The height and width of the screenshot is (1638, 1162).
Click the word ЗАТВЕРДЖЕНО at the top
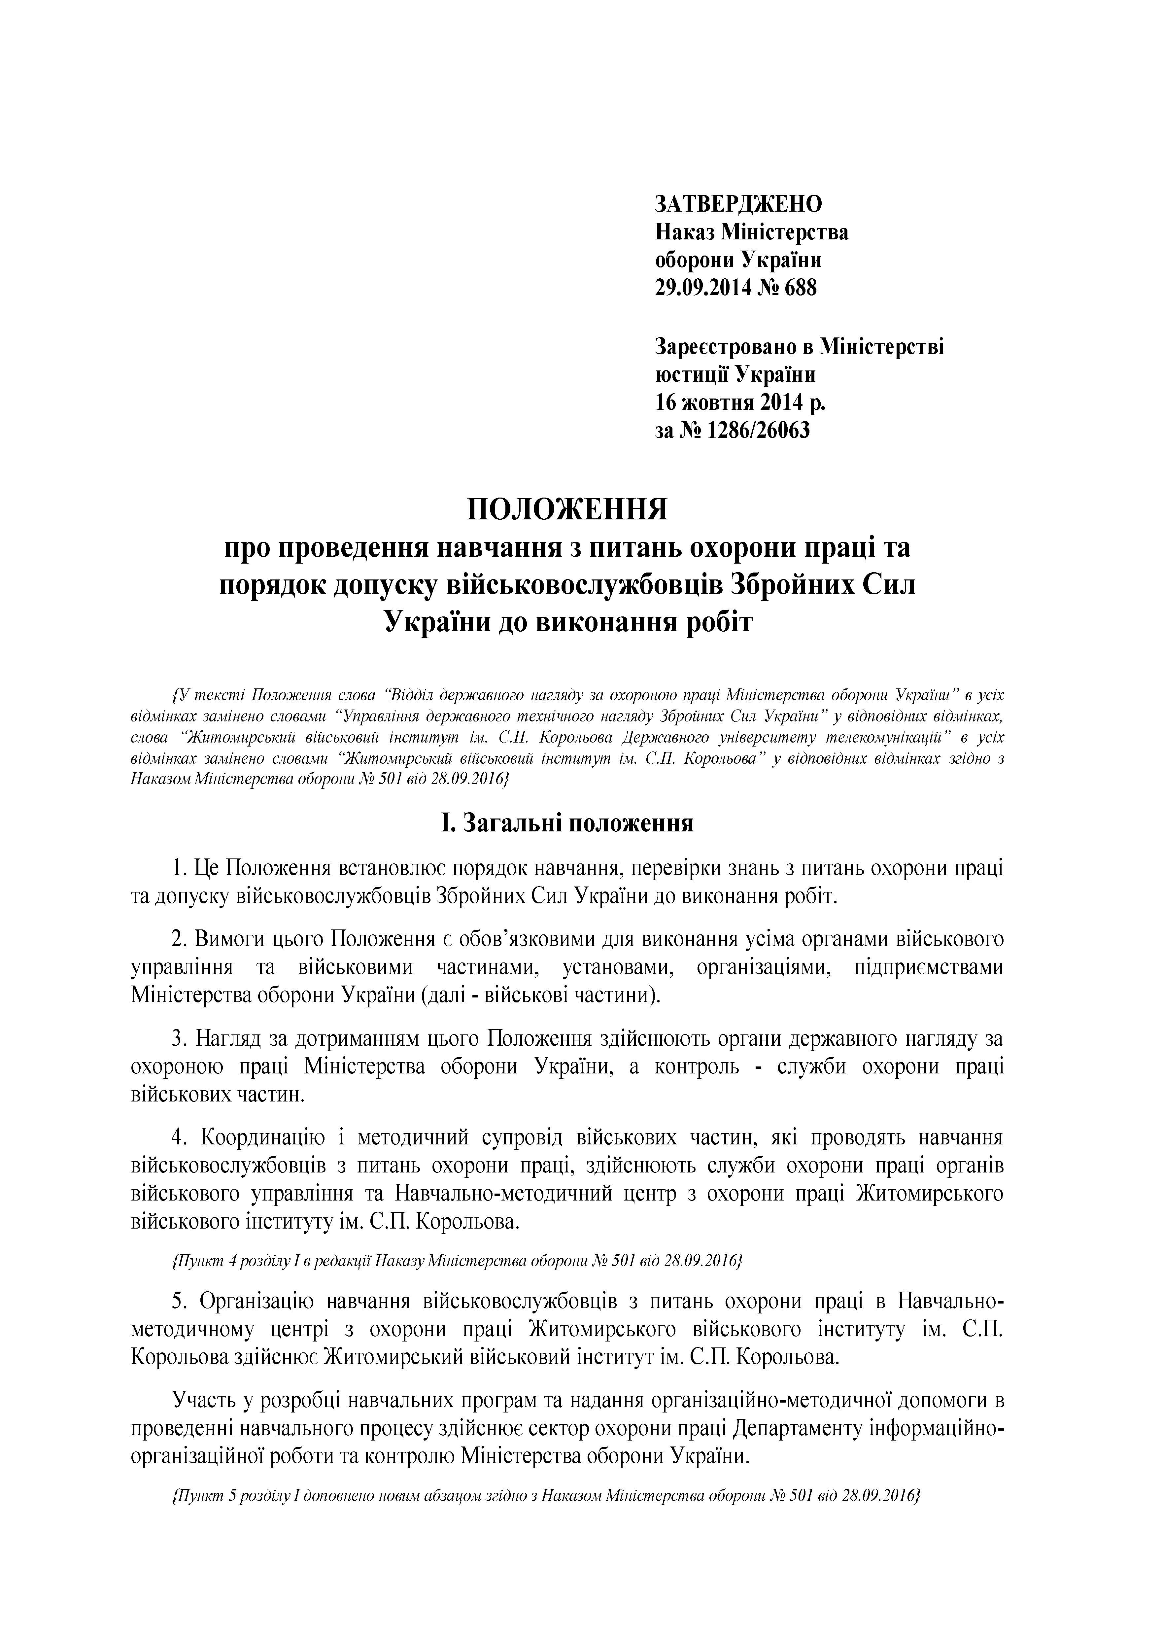pyautogui.click(x=738, y=204)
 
